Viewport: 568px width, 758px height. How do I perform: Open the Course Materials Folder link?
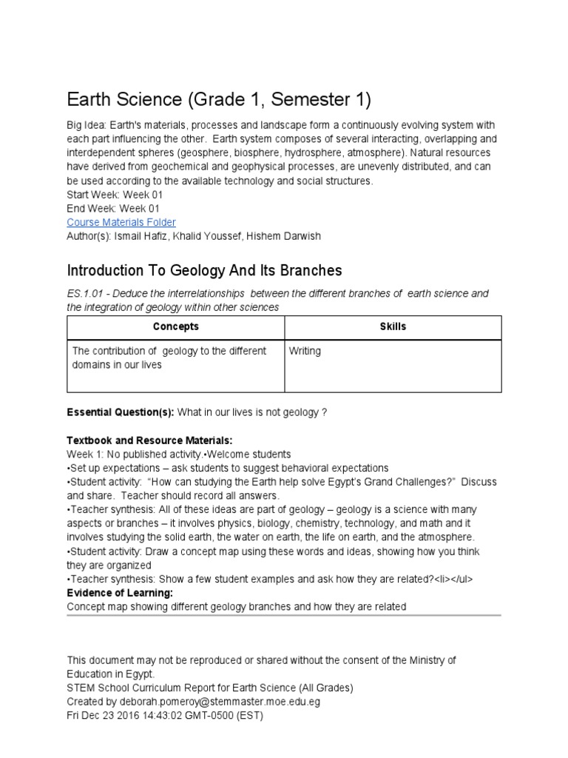pos(121,222)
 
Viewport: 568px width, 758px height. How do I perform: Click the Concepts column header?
pos(175,326)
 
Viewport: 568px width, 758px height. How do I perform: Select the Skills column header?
pos(393,326)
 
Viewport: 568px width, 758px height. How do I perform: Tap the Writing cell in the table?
pos(305,351)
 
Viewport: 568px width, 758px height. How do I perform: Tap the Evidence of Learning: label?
pos(120,594)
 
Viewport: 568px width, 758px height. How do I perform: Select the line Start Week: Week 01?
pos(115,195)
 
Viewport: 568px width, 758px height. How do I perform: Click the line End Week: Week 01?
pos(112,209)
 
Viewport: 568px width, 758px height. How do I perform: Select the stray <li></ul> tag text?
pos(453,580)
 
